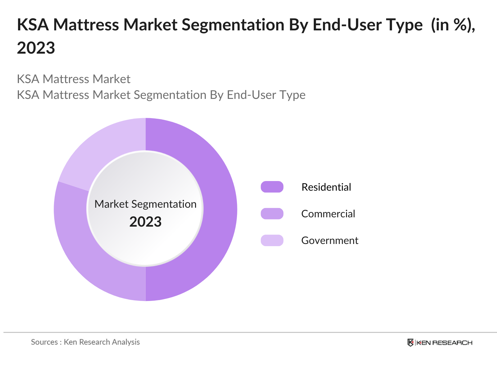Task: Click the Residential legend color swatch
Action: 272,187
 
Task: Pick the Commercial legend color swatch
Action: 272,214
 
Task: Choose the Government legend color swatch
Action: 272,240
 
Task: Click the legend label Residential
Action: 326,187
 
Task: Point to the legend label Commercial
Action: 328,214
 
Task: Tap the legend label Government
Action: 330,240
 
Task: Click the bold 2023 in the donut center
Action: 145,222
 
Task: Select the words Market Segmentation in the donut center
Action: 145,204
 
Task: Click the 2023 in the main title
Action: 36,48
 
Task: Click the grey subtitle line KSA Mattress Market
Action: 74,79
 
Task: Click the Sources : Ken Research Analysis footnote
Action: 85,342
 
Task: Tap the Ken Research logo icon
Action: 410,343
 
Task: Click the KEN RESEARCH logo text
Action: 444,343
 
